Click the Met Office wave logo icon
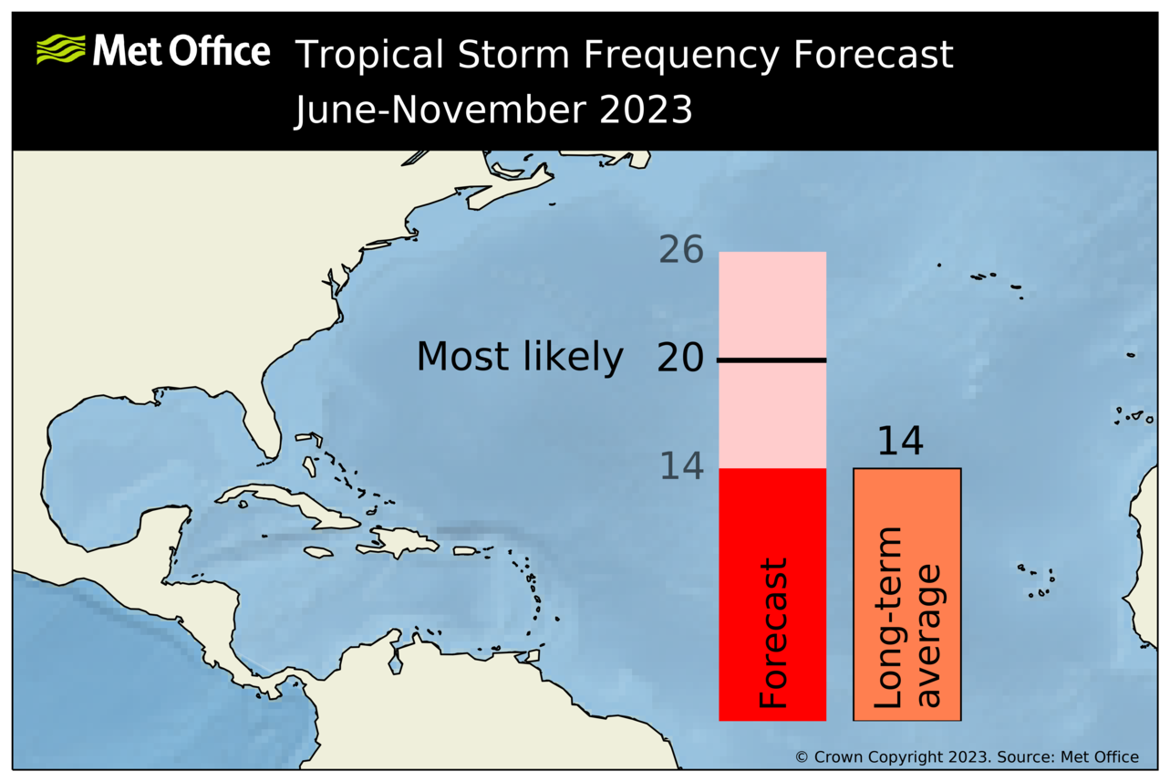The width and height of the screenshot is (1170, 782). click(x=60, y=49)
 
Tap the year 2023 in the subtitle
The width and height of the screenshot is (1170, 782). click(x=646, y=110)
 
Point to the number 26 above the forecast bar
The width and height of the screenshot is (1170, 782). click(x=680, y=250)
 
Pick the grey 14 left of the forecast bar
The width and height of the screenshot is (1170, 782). click(x=680, y=466)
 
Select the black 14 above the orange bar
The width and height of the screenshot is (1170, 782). click(x=900, y=442)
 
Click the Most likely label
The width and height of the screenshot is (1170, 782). click(x=520, y=358)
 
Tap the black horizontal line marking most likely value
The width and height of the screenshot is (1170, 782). click(x=772, y=360)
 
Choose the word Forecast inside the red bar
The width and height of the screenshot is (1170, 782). click(x=772, y=633)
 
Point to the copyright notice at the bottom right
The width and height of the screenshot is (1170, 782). click(x=967, y=756)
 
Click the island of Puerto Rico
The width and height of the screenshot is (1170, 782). click(x=465, y=550)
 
